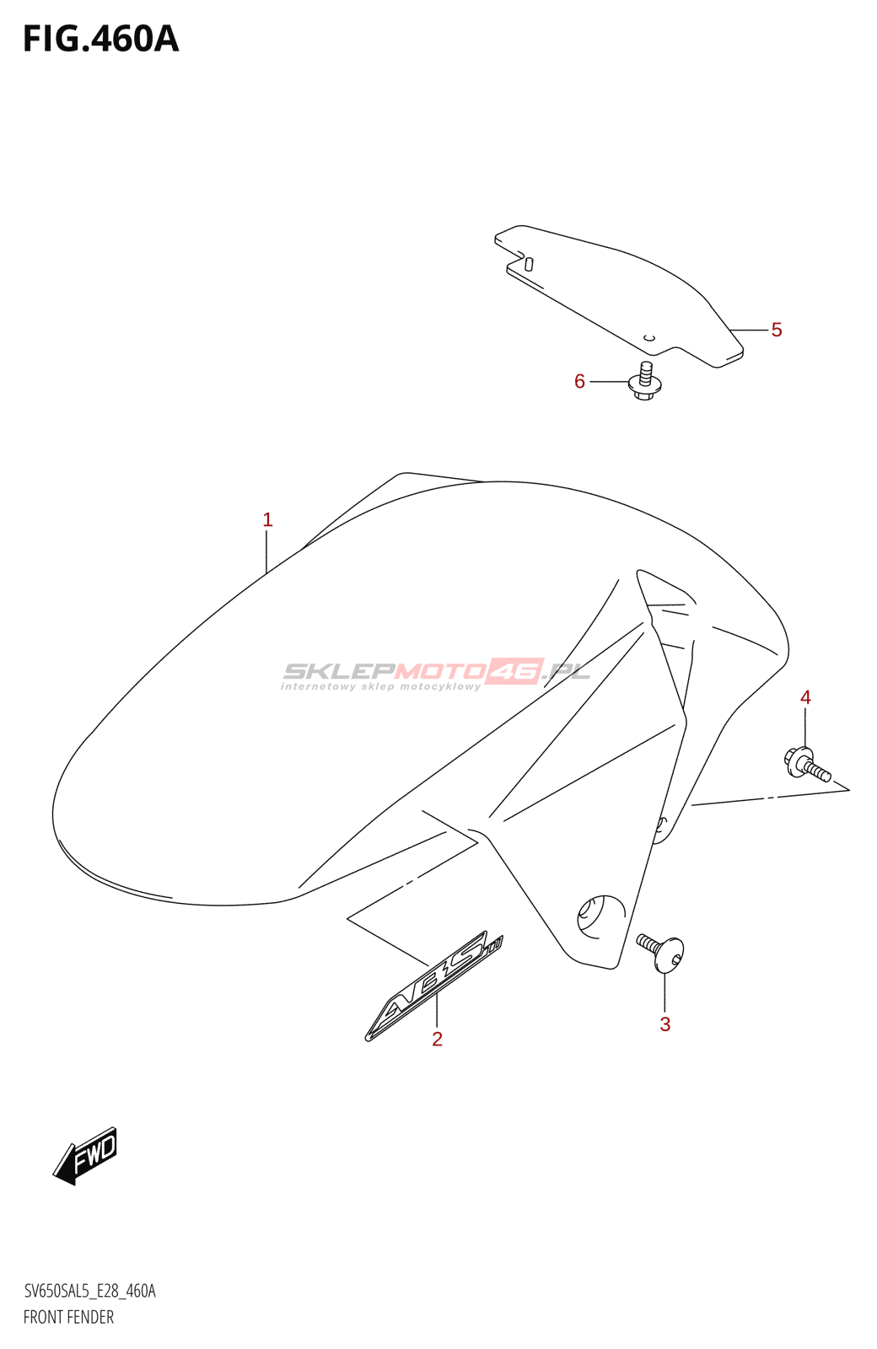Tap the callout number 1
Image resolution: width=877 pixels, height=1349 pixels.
coord(267,519)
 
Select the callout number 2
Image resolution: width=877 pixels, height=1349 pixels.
coord(437,1039)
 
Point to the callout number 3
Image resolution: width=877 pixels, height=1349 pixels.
coord(664,1024)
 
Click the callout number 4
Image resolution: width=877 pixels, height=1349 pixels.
coord(805,697)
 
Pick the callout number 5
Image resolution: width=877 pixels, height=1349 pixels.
coord(776,330)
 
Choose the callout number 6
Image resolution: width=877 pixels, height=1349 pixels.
coord(579,381)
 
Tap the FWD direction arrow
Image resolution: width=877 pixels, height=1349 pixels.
coord(86,1155)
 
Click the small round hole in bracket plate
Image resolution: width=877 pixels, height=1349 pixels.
coord(648,338)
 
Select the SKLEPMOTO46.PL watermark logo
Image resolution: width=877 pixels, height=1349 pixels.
coord(434,670)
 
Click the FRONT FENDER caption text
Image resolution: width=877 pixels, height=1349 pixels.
coord(68,1317)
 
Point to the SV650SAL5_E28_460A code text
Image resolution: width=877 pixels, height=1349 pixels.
coord(89,1291)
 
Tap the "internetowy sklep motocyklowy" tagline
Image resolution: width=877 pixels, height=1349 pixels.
coord(379,686)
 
